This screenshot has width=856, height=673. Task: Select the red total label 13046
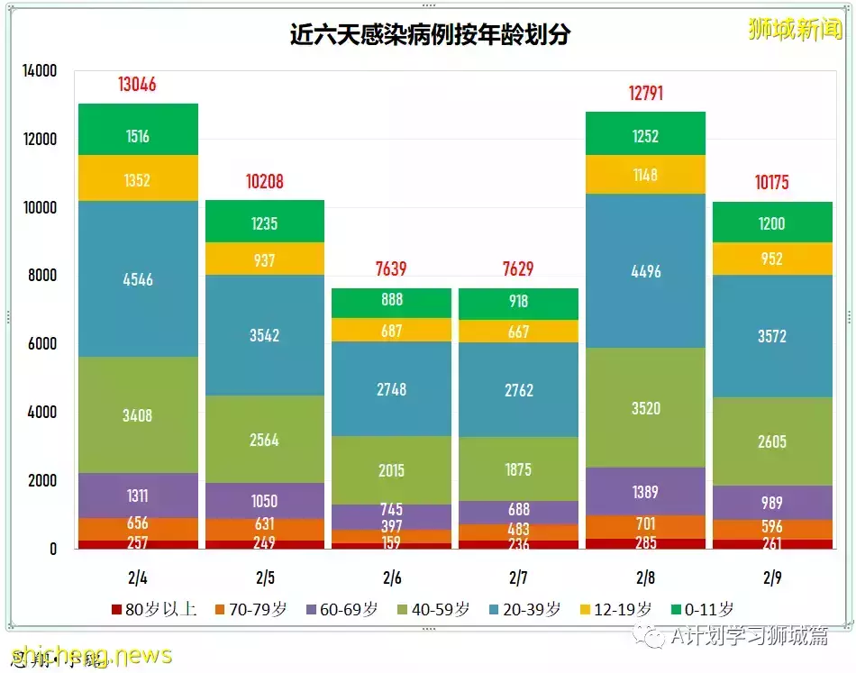click(x=137, y=85)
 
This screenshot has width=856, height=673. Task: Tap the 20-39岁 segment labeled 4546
click(x=138, y=279)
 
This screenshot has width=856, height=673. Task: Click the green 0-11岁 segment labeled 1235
click(x=264, y=222)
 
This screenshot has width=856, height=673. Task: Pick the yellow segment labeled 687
click(x=391, y=331)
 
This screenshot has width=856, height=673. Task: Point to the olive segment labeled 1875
click(x=518, y=469)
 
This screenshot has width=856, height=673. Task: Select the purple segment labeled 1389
click(x=645, y=492)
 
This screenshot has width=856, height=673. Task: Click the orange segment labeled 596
click(x=771, y=526)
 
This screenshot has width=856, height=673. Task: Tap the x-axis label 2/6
click(x=391, y=577)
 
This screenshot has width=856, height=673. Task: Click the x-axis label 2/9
click(x=771, y=577)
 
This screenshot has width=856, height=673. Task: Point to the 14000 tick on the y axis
click(x=40, y=71)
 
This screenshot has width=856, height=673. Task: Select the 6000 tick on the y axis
click(x=40, y=344)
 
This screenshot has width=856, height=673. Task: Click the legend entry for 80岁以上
click(x=154, y=610)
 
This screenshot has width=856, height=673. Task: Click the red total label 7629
click(x=518, y=269)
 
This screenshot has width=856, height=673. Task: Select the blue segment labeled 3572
click(x=771, y=336)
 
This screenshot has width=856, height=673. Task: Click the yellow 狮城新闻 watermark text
click(x=795, y=29)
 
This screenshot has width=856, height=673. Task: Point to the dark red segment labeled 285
click(x=645, y=543)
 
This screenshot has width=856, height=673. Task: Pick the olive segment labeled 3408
click(x=138, y=415)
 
